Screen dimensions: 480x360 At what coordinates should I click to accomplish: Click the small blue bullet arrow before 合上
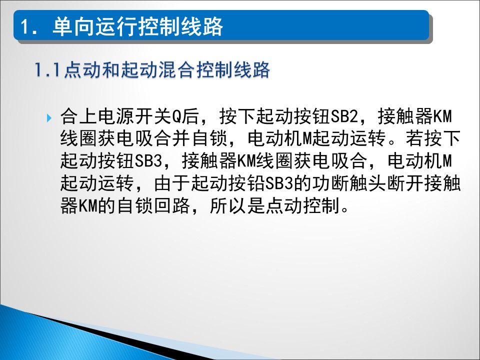(x=49, y=118)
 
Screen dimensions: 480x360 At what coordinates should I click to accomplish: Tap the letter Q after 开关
(x=176, y=116)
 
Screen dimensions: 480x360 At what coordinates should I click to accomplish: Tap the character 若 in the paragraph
(x=415, y=138)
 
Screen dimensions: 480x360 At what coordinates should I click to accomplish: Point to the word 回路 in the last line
(x=171, y=205)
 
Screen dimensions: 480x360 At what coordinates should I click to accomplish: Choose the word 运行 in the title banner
(x=115, y=26)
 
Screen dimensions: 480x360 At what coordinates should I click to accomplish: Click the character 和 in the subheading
(x=111, y=70)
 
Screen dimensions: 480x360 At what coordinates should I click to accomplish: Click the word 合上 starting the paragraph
(x=78, y=116)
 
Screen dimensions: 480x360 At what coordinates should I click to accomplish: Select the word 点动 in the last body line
(x=284, y=205)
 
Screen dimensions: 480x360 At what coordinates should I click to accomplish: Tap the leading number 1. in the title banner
(x=29, y=27)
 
